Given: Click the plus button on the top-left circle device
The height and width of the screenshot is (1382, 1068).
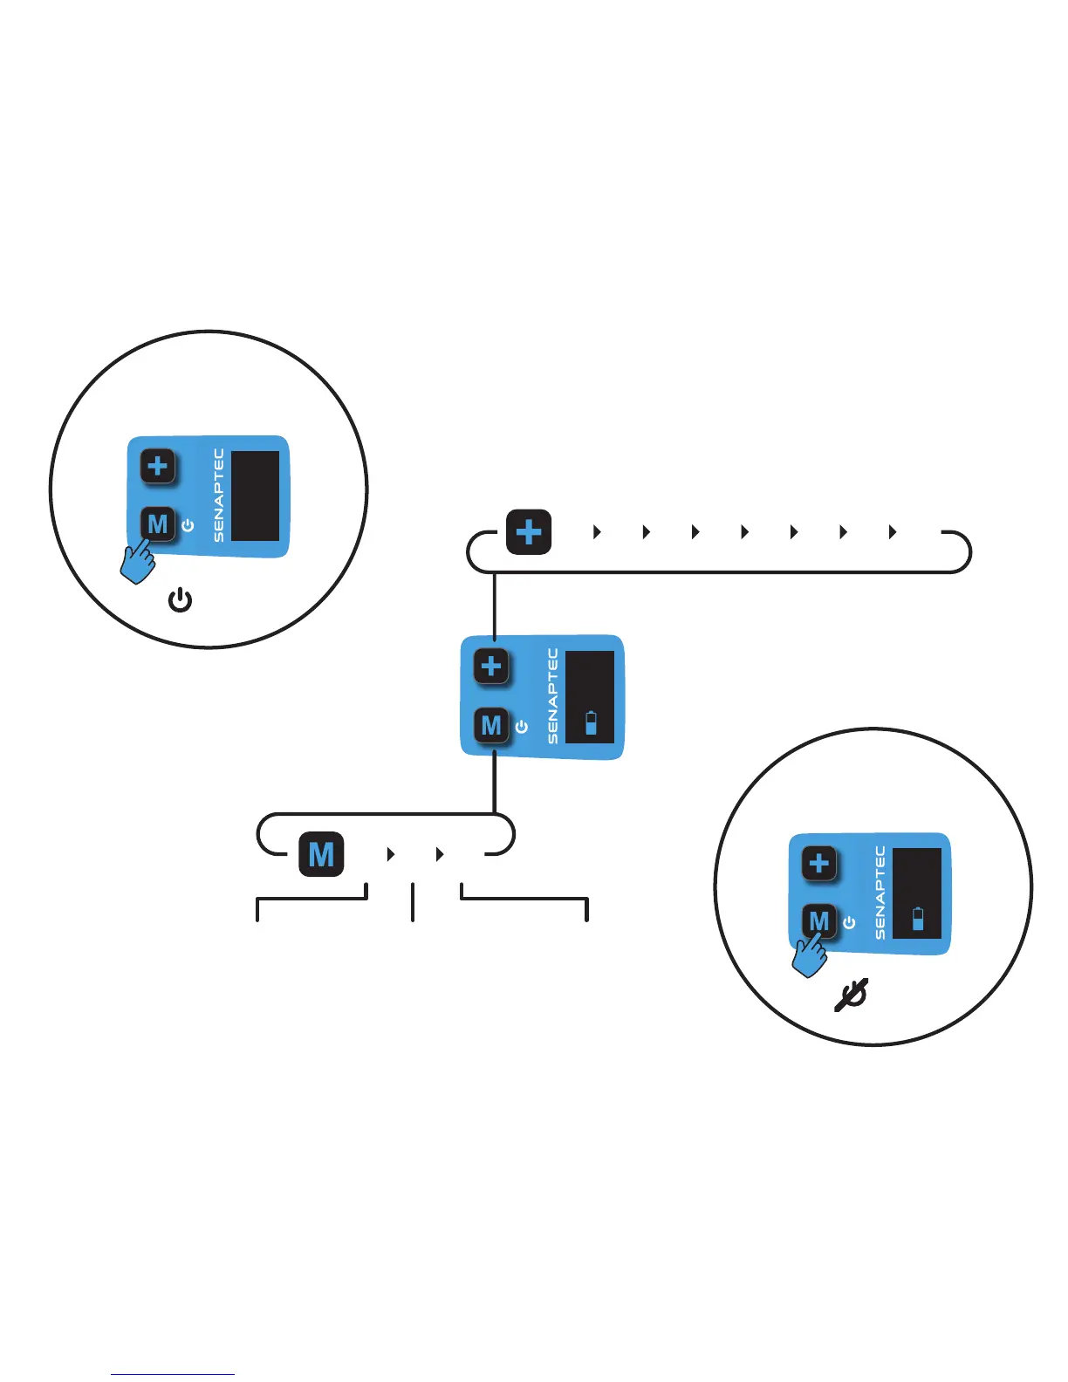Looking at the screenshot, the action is [x=158, y=466].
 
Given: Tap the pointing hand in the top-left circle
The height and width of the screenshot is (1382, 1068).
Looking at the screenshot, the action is [x=138, y=562].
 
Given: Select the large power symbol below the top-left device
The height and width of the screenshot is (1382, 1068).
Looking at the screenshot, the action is [x=180, y=600].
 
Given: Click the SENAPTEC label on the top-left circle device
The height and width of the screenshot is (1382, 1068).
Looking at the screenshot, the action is [x=219, y=496].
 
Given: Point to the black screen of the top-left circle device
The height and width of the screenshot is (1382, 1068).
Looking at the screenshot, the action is [x=256, y=496].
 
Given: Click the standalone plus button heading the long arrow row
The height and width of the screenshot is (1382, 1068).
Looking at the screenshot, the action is [x=529, y=532].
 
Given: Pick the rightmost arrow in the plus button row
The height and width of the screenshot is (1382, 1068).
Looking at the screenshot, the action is [x=893, y=532].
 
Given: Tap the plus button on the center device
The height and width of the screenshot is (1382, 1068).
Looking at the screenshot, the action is [x=491, y=667].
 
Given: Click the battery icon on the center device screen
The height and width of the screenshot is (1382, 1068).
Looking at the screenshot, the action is [x=592, y=722].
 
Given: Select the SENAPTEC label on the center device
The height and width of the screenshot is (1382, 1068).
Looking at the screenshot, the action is [x=552, y=695].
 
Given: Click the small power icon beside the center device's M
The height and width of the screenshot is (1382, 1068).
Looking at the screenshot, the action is [x=522, y=726].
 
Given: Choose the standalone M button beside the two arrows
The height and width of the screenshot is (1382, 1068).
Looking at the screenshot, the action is [x=321, y=854].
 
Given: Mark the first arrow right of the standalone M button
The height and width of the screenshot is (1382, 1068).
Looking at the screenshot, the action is [x=391, y=855].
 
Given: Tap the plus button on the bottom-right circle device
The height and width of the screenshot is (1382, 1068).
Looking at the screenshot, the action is [x=818, y=864].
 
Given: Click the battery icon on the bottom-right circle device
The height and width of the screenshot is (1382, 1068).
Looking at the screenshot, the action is [x=918, y=919].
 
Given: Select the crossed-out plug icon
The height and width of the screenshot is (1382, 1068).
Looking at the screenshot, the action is [x=851, y=995].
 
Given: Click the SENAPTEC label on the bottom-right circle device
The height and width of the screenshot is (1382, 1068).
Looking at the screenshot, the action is [x=880, y=893].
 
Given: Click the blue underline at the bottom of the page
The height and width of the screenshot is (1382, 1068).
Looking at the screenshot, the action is [x=173, y=1375].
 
